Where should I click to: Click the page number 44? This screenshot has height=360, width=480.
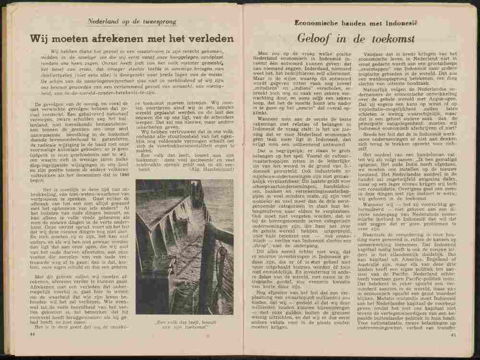(x=33, y=333)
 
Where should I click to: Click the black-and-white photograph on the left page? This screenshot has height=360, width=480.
(x=184, y=246)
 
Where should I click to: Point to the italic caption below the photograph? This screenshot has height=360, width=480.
(x=184, y=324)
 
